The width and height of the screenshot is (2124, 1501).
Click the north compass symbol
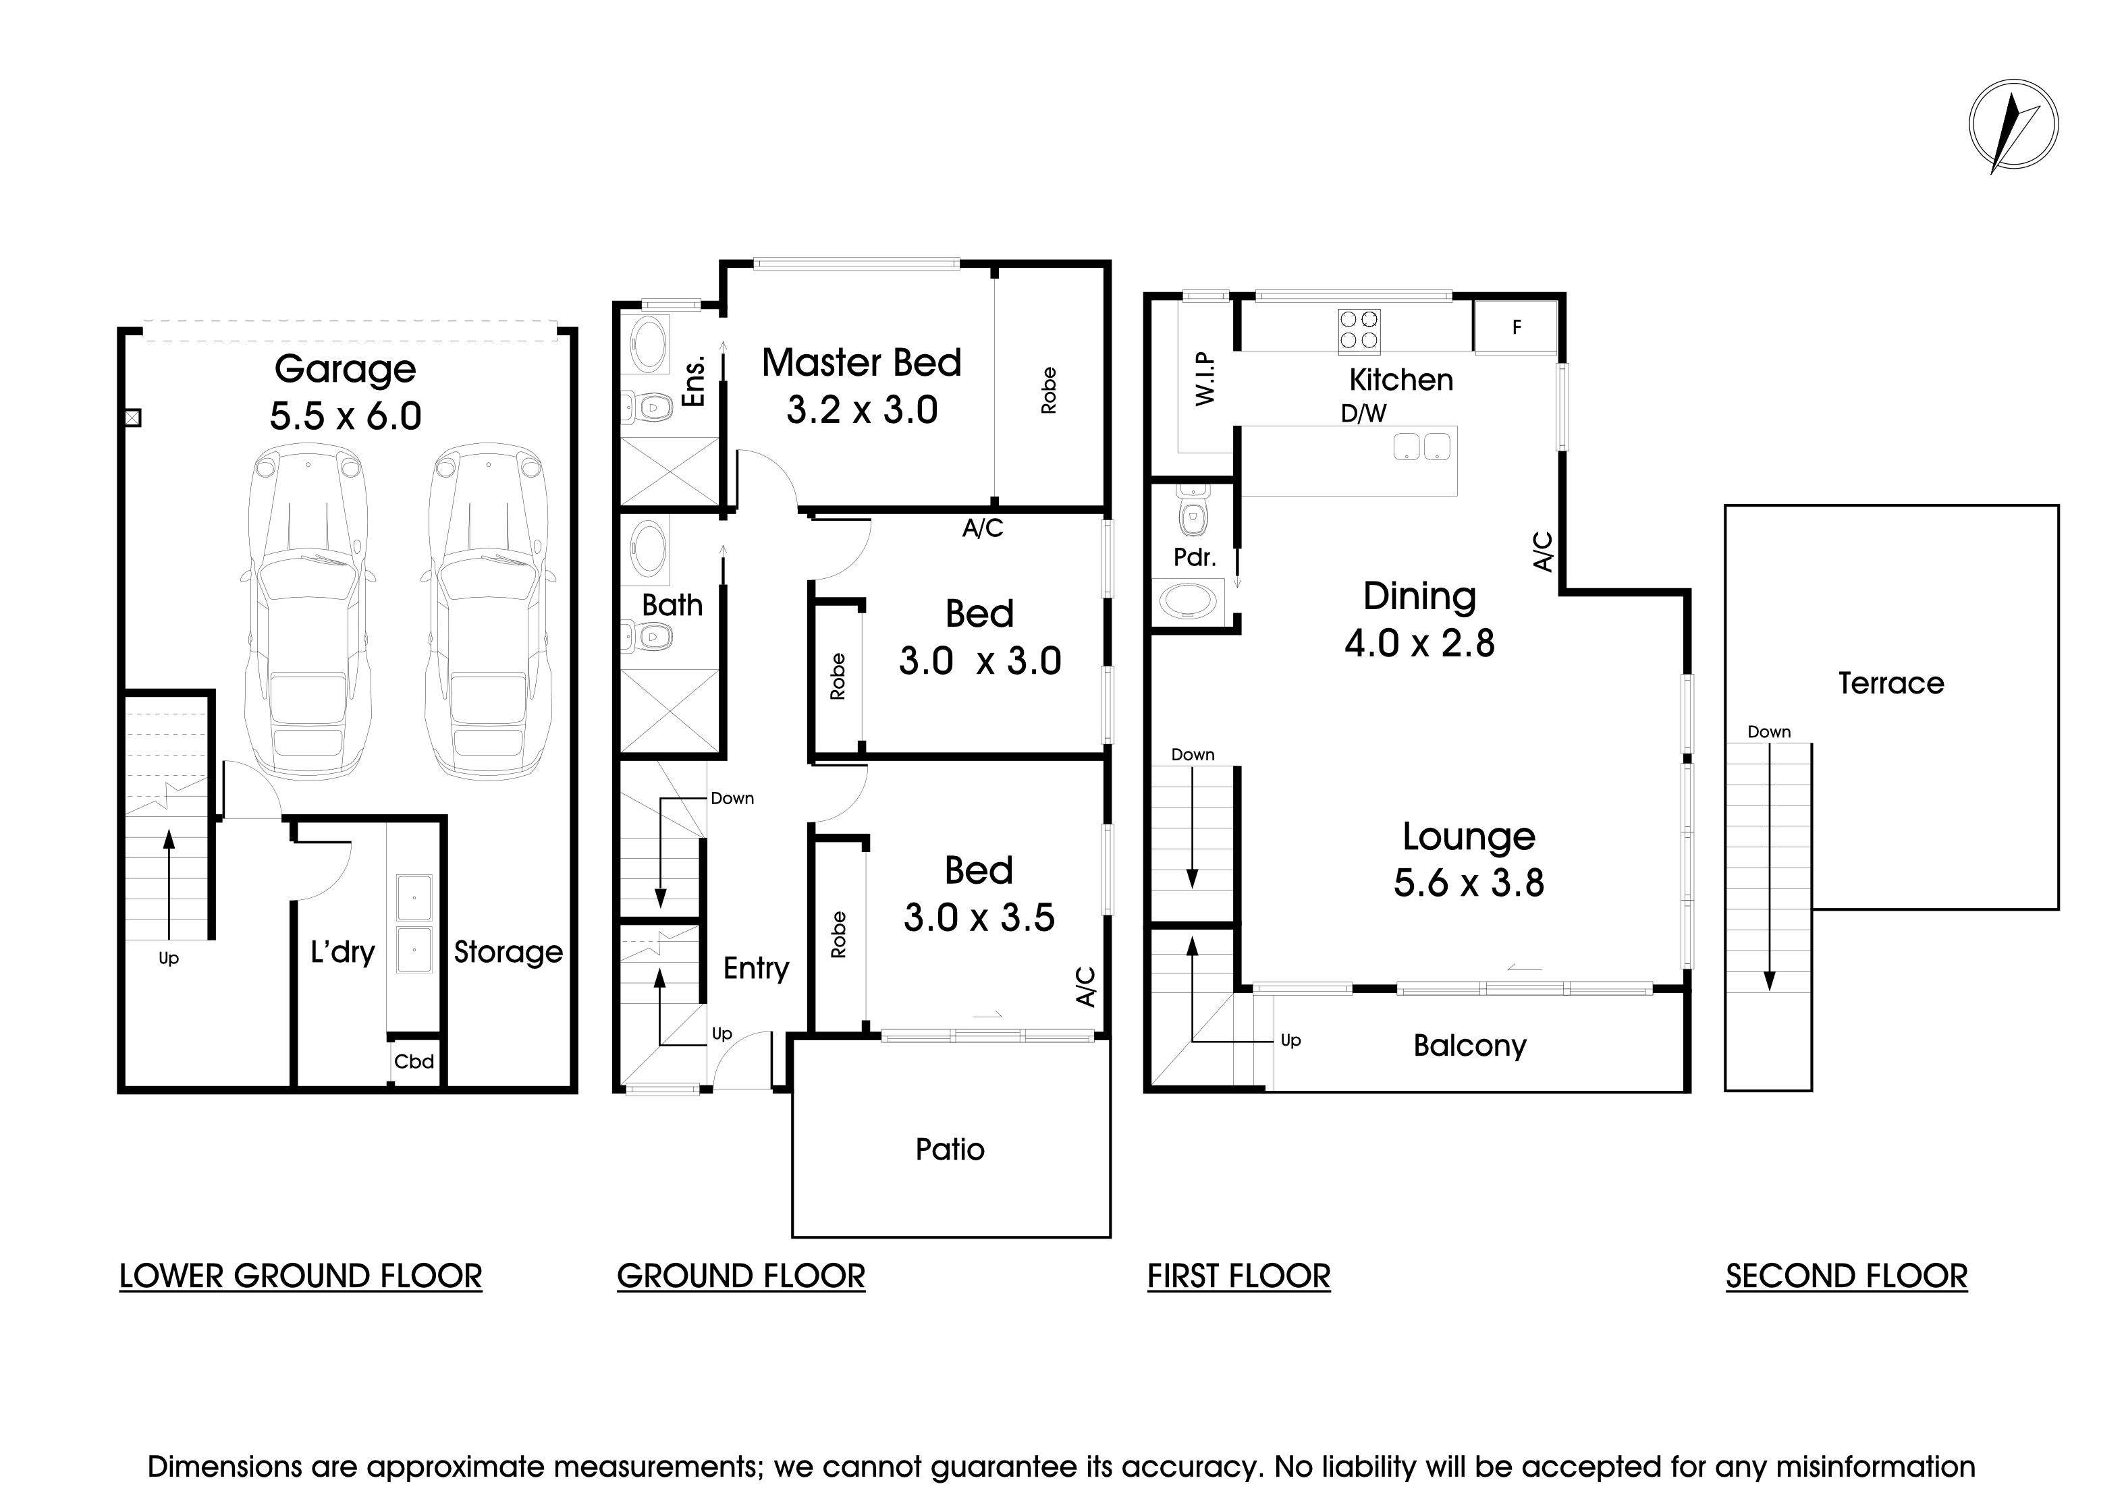2013,125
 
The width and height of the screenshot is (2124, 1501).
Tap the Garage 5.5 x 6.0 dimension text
345,416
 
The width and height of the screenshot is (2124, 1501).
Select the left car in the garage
308,611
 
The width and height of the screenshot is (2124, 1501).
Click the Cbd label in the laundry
414,1062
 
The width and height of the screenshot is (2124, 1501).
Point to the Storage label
508,952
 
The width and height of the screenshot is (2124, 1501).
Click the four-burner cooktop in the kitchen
1359,330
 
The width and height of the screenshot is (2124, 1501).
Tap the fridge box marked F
1515,327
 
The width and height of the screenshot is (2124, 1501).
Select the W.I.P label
1205,378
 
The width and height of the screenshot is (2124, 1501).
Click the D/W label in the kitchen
1363,414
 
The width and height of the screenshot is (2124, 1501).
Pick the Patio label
950,1150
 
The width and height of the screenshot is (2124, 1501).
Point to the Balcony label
1469,1046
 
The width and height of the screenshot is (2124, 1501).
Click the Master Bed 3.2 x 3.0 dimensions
861,409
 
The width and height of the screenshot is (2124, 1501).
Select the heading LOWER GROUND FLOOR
300,1276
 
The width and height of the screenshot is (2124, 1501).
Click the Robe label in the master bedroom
1048,391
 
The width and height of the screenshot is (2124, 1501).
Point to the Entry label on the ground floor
756,968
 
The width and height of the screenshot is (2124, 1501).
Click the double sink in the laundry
414,924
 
